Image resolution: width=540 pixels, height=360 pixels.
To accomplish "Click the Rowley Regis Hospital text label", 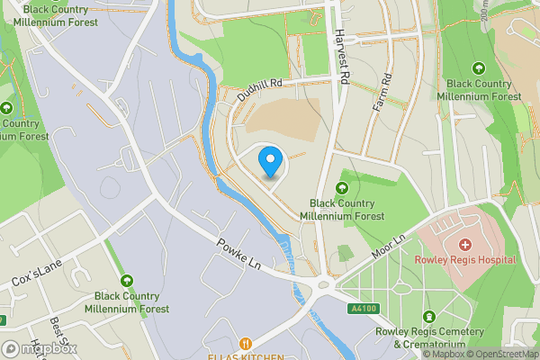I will (x=464, y=260).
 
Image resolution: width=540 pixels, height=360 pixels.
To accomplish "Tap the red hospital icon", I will (x=464, y=244).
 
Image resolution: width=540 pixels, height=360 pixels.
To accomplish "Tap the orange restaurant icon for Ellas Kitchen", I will (x=245, y=342).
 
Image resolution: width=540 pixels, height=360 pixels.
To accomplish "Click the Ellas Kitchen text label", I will (x=245, y=355).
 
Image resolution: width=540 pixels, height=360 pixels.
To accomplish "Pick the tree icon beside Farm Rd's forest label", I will (x=478, y=67).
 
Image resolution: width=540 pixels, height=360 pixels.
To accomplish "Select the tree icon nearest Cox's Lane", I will (x=127, y=281).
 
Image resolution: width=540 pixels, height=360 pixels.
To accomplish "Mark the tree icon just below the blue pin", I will (x=342, y=188).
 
